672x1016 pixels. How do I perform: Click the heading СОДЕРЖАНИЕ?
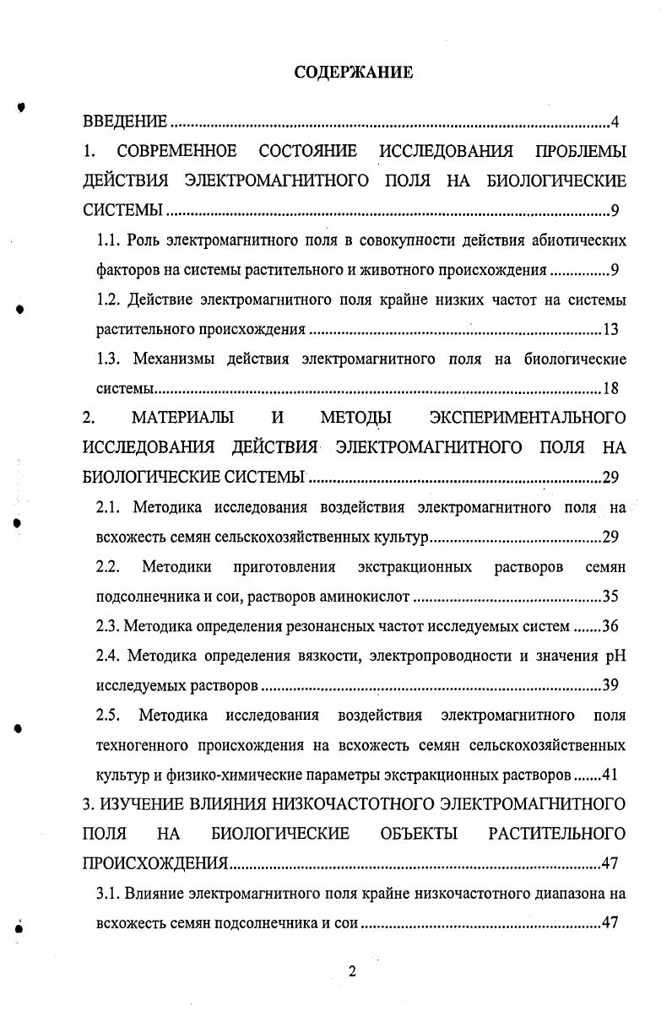[x=354, y=73]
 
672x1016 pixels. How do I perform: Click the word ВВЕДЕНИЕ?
[x=125, y=123]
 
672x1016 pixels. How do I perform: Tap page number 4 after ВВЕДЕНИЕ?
[x=615, y=123]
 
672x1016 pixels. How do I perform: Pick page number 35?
[x=612, y=597]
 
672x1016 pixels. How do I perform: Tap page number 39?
[x=612, y=685]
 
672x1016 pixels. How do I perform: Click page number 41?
[x=612, y=774]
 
